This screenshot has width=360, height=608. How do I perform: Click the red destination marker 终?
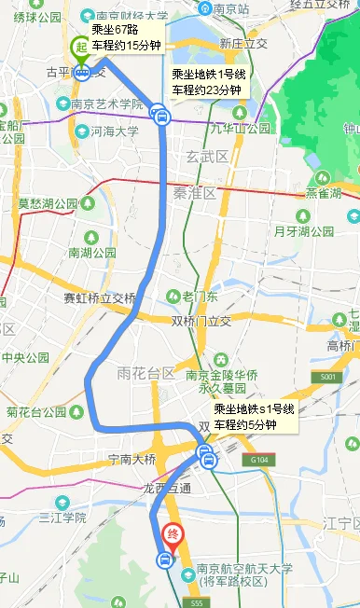coord(173,535)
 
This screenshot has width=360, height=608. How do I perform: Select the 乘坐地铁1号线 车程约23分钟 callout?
coord(206,82)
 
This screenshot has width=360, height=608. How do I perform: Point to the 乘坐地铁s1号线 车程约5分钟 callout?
coord(253,417)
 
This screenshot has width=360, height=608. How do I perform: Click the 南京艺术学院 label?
coord(107,104)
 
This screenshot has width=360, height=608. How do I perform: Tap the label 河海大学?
coord(116,131)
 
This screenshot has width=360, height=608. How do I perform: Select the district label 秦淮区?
coord(192,193)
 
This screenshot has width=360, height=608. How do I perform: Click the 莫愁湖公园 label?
coord(48,202)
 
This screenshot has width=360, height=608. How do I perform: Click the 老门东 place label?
coord(199,296)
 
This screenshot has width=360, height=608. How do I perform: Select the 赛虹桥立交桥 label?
coord(99,298)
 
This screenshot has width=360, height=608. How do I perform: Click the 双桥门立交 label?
coord(201,321)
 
